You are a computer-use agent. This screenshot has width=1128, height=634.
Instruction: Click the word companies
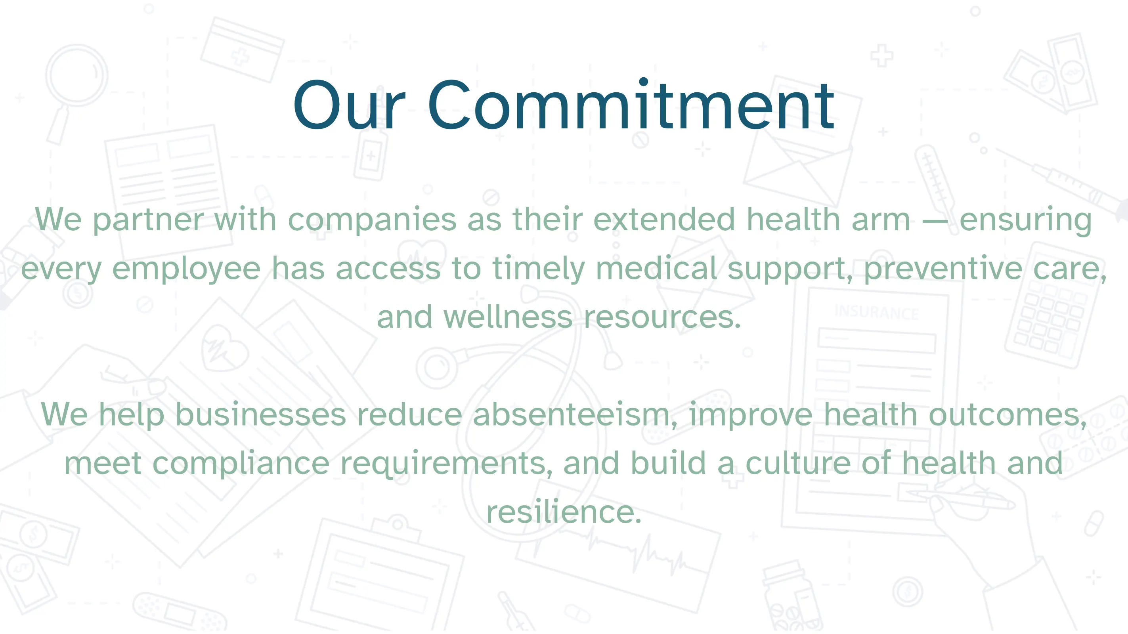(x=372, y=220)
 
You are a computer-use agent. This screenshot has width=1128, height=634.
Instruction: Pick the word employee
(x=187, y=268)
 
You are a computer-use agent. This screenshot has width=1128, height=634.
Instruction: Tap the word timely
(x=538, y=268)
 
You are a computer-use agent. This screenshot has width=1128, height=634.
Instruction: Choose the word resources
(x=662, y=317)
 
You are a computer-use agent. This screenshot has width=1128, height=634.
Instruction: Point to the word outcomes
(x=1007, y=414)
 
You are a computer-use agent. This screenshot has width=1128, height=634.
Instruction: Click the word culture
(x=798, y=463)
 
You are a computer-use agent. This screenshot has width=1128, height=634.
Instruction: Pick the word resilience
(x=564, y=512)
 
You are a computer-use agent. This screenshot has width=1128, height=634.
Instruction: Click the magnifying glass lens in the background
(x=77, y=74)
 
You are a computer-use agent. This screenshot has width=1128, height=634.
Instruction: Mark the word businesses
(x=260, y=414)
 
